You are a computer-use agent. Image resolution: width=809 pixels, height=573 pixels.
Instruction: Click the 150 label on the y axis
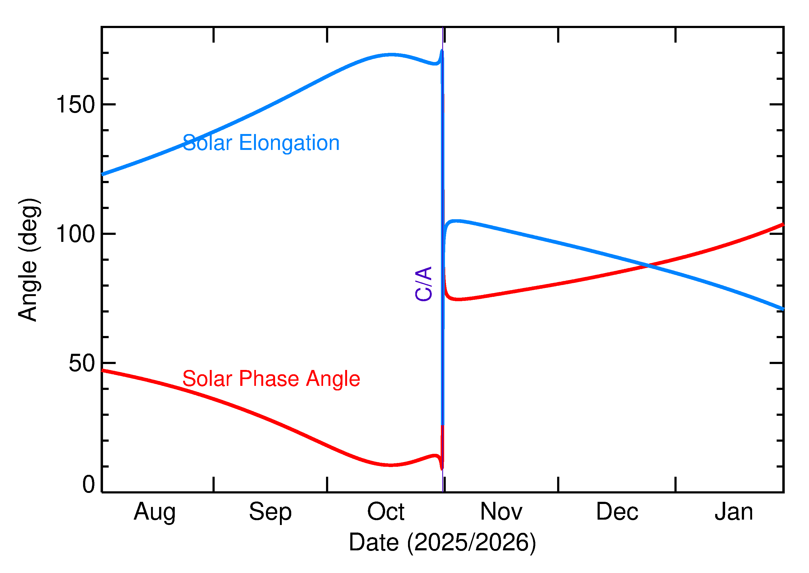76,105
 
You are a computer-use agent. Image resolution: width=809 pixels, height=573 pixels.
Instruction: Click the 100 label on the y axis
76,234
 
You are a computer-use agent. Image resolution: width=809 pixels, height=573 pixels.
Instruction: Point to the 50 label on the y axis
82,363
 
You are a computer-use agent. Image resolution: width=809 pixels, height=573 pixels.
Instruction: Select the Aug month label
155,512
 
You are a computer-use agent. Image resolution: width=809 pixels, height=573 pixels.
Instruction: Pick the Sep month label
270,512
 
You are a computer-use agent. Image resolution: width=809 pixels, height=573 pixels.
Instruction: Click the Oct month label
386,512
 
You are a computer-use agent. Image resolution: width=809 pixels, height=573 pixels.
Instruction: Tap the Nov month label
501,512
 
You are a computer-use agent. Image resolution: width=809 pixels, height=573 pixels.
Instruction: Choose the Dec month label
617,512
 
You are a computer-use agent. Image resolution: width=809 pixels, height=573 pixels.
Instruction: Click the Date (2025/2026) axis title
443,543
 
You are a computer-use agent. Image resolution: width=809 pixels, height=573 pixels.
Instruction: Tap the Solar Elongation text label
261,143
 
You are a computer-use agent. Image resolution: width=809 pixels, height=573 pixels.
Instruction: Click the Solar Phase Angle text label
271,379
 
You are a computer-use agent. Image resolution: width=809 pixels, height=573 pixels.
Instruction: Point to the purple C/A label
424,284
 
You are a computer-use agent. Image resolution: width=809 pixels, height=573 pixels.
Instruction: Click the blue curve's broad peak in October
391,55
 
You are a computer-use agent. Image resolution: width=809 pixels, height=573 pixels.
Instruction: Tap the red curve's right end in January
783,224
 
